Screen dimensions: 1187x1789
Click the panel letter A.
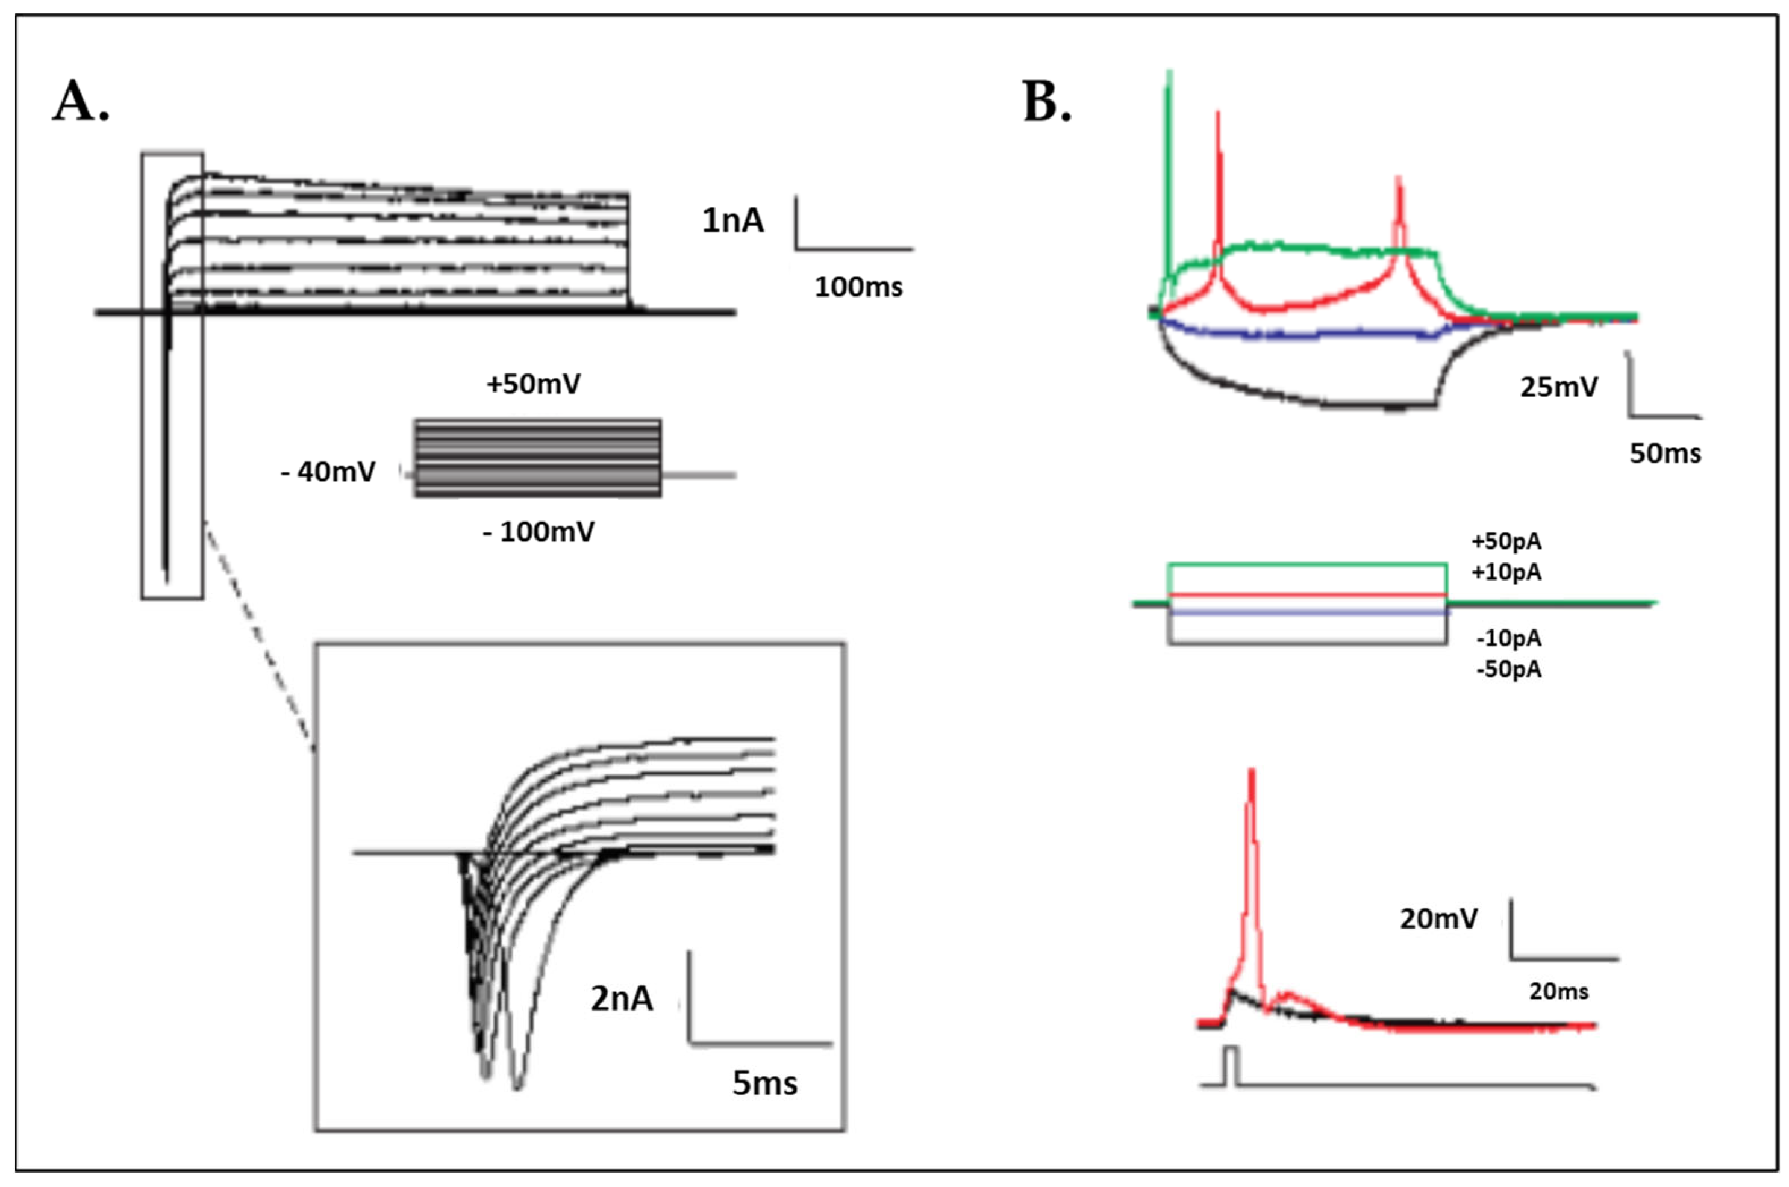point(80,102)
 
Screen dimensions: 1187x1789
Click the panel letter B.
point(1047,102)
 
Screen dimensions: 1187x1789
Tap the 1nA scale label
point(733,221)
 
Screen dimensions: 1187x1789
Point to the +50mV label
point(534,385)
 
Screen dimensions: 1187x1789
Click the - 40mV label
point(328,472)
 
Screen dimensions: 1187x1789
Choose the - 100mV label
point(539,532)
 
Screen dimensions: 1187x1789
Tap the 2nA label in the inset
point(622,999)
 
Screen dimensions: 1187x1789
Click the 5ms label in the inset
point(764,1084)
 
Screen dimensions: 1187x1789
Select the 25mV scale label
point(1559,388)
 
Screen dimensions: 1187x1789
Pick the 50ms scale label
point(1666,453)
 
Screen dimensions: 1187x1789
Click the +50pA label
point(1506,542)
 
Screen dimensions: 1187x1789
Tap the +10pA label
point(1506,572)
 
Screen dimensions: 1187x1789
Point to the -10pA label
point(1509,639)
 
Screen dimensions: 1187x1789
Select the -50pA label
point(1509,670)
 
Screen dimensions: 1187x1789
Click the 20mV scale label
point(1438,919)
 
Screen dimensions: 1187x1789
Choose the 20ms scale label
point(1559,992)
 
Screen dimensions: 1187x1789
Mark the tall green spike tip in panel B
point(1170,74)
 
